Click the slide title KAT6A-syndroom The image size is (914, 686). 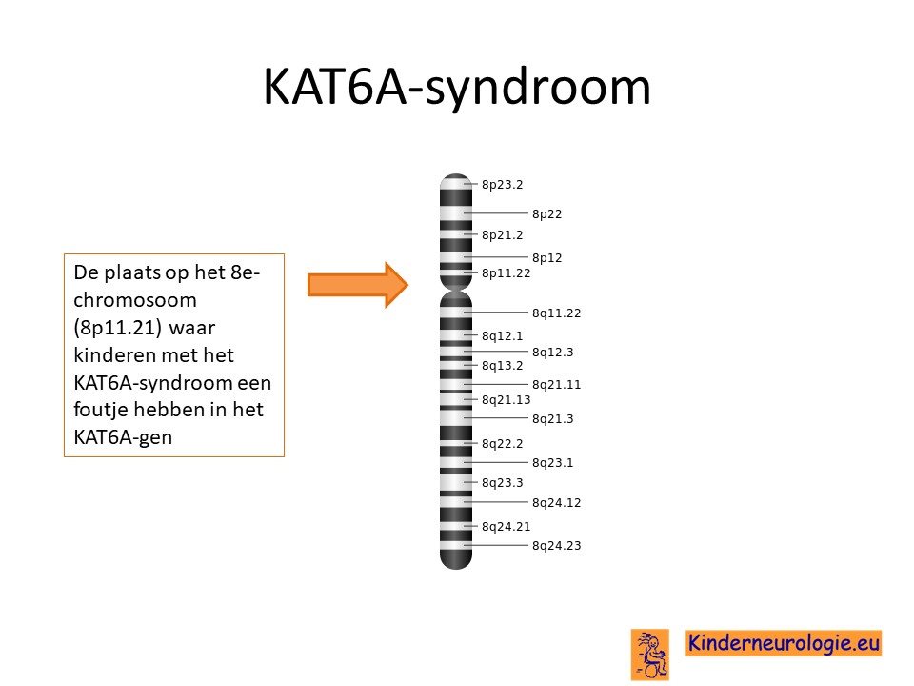point(457,88)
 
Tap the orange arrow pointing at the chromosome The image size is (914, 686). point(358,285)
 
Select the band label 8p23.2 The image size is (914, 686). point(502,184)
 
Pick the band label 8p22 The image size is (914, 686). point(546,214)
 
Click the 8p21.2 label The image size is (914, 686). point(502,235)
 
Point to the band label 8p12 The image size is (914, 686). point(546,258)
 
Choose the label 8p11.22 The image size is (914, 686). point(506,273)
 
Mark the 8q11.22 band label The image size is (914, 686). point(557,313)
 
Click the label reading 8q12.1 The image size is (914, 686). point(502,336)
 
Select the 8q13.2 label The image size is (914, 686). point(502,366)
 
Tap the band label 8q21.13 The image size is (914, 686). point(506,399)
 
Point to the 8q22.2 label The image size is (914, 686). point(502,444)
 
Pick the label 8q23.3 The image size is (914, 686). point(502,482)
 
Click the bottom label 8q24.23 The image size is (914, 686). point(557,545)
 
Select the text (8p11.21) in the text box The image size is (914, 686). point(117,328)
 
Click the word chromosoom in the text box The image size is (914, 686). point(135,300)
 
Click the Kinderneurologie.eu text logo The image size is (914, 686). point(783,643)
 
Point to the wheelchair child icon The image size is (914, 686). point(650,654)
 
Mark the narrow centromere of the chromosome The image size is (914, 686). point(456,290)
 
